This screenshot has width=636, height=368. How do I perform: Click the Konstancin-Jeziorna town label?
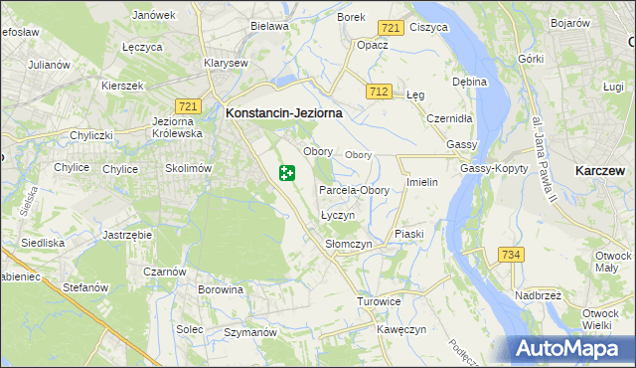(284, 113)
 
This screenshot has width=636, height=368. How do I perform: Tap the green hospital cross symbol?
(286, 174)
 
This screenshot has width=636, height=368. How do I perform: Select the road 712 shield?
(377, 92)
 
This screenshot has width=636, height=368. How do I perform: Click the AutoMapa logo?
(569, 348)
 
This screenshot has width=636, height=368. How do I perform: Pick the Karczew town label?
(600, 171)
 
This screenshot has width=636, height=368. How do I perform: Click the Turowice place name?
(379, 301)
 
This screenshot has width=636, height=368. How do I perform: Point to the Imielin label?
(422, 183)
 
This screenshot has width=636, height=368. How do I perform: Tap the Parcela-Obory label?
(354, 190)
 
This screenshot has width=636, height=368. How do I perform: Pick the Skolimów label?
(189, 168)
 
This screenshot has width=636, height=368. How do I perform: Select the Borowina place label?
(221, 290)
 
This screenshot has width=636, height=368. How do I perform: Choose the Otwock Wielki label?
(605, 319)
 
